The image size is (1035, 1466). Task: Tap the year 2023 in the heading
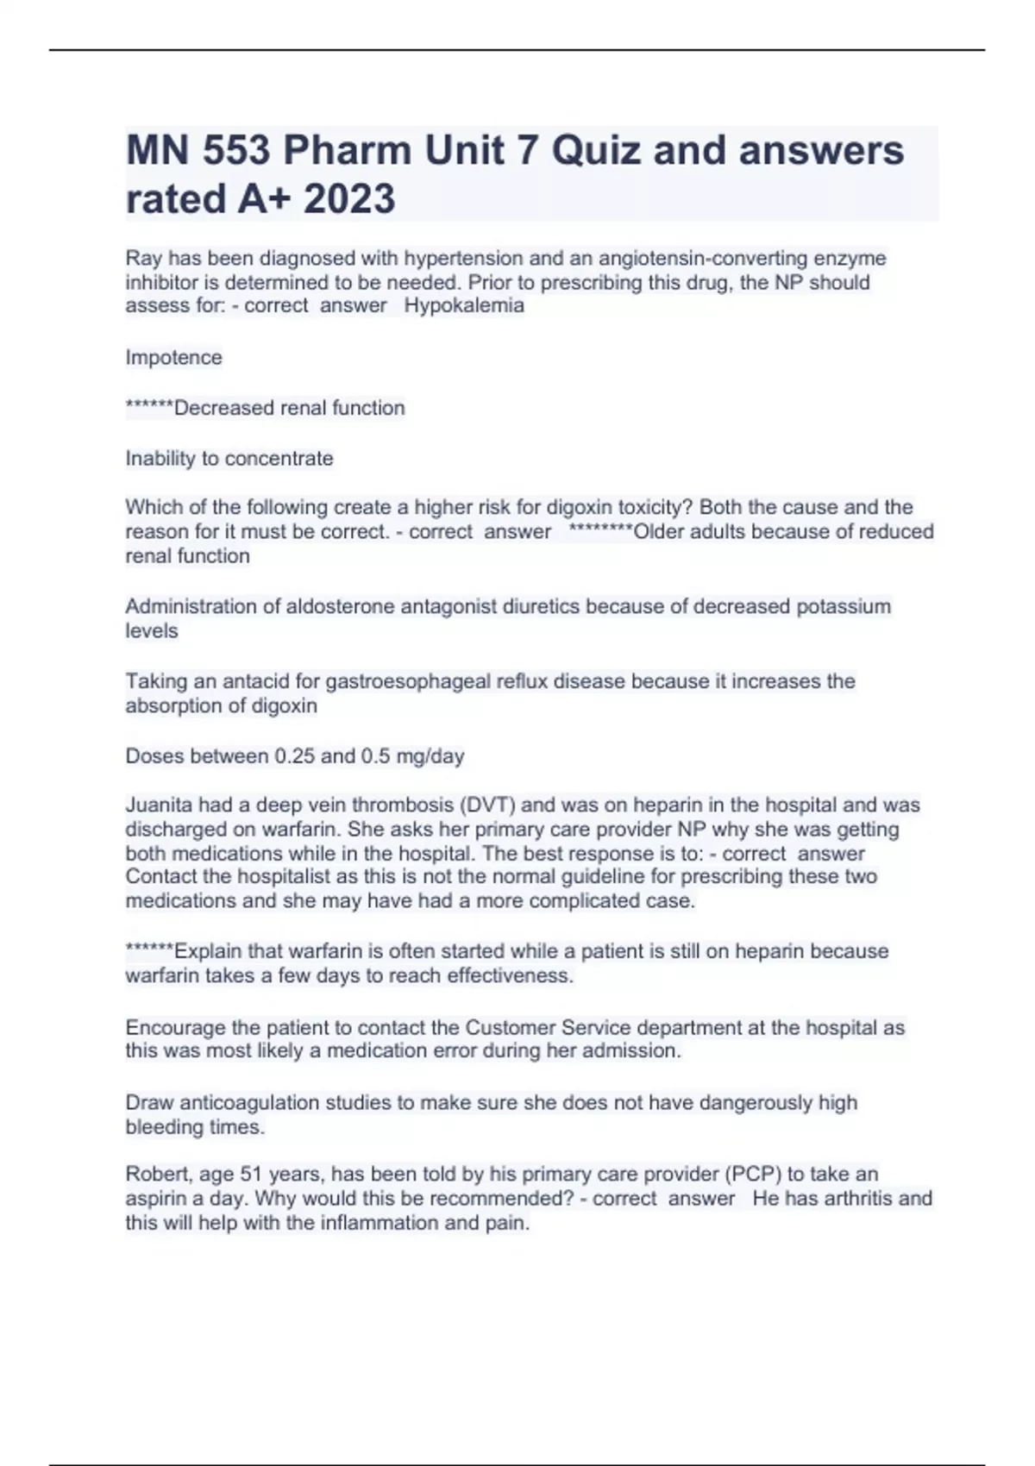[349, 199]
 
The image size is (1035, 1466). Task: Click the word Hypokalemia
[464, 305]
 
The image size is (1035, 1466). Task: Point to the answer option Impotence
[173, 357]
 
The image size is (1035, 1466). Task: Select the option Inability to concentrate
[229, 458]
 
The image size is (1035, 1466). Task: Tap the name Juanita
[160, 805]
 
